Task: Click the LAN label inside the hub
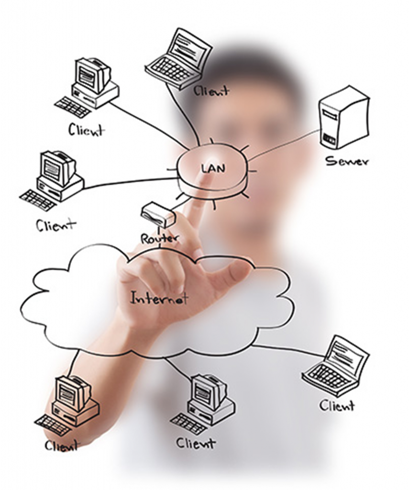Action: pos(213,168)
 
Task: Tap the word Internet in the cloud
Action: pos(159,298)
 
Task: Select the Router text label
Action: pos(160,238)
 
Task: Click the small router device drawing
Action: pos(158,215)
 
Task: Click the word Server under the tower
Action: pos(347,161)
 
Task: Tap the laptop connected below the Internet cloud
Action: pos(336,366)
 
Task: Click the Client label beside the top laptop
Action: pos(211,90)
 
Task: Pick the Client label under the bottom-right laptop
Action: pos(337,406)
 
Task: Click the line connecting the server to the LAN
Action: pos(282,144)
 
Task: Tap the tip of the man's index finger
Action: pos(207,176)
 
